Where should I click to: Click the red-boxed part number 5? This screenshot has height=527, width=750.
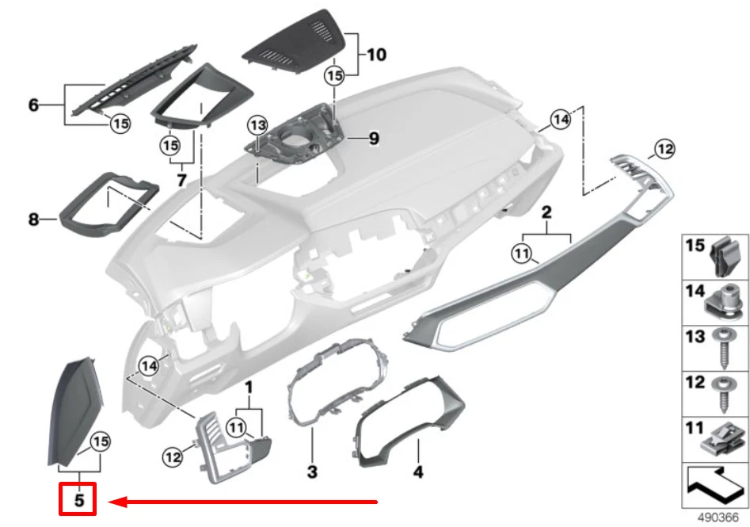(x=78, y=500)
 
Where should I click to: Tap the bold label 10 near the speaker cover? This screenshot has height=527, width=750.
(x=376, y=55)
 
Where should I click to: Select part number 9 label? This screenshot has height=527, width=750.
(x=374, y=139)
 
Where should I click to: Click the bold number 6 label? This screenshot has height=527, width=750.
(x=33, y=105)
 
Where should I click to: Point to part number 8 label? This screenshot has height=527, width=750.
(x=33, y=219)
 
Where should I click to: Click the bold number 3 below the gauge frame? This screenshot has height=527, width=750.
(x=312, y=472)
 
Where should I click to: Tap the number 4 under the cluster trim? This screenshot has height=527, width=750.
(x=417, y=472)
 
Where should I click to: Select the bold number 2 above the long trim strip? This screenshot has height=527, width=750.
(x=546, y=212)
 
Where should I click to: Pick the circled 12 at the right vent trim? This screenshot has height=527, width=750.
(x=663, y=148)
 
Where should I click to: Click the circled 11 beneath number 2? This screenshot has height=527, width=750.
(x=520, y=254)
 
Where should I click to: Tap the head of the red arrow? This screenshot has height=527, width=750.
(x=113, y=501)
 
